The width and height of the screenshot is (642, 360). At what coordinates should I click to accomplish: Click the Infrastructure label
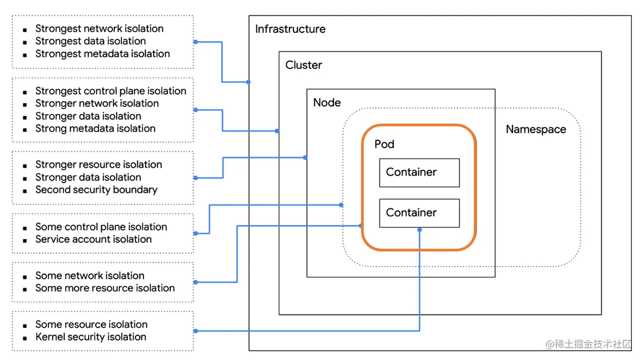click(x=290, y=29)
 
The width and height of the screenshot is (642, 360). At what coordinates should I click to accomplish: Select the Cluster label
click(x=304, y=65)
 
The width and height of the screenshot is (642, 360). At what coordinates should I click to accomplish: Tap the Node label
click(x=327, y=102)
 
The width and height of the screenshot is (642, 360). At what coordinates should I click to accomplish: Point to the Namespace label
click(x=536, y=129)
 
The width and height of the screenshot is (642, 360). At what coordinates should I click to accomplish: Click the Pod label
click(x=384, y=144)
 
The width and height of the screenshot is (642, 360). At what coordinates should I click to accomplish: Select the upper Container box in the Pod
click(x=419, y=172)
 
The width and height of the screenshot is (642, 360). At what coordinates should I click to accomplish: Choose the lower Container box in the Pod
click(x=419, y=213)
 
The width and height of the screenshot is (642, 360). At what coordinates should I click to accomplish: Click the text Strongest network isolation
click(x=99, y=28)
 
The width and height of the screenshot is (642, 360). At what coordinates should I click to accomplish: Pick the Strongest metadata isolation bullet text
click(x=103, y=54)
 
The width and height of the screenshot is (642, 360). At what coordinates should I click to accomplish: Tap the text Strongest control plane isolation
click(x=111, y=91)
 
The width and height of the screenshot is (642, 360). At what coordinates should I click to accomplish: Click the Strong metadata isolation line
click(x=96, y=128)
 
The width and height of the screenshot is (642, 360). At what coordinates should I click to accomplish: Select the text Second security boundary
click(x=96, y=190)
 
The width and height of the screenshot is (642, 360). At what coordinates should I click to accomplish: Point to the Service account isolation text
click(x=93, y=239)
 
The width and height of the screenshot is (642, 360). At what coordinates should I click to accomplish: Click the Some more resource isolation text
click(x=105, y=288)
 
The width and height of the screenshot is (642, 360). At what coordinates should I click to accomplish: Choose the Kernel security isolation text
click(x=91, y=337)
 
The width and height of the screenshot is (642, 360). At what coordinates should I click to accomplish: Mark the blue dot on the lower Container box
click(x=420, y=229)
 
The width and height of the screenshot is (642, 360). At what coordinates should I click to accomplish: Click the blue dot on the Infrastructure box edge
click(x=248, y=82)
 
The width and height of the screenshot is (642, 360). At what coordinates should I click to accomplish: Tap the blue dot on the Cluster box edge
click(x=277, y=131)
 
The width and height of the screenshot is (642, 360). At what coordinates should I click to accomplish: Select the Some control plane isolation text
click(x=101, y=227)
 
